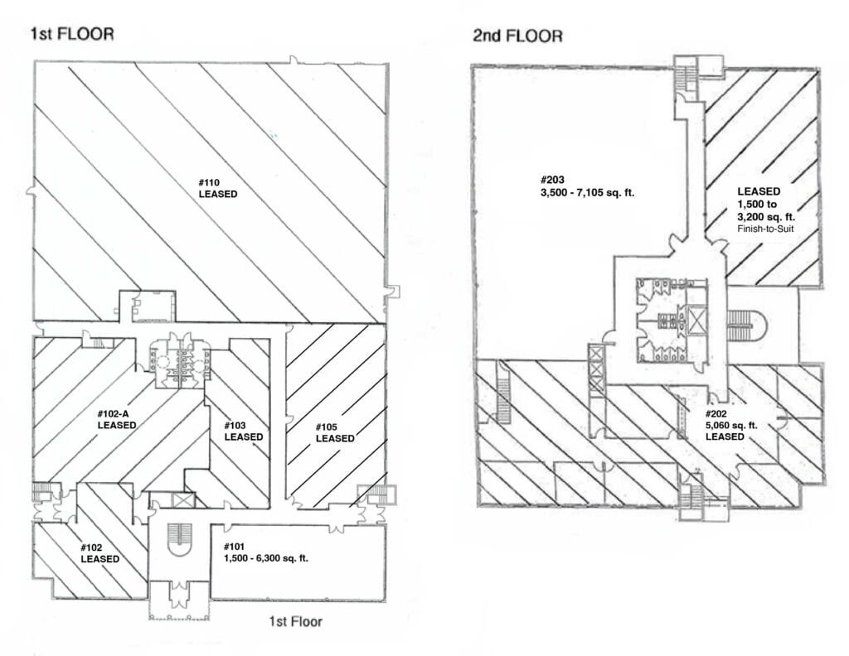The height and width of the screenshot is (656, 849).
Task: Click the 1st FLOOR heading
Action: [71, 34]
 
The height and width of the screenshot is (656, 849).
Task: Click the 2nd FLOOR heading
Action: [517, 36]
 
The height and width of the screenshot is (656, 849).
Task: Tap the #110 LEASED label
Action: [218, 188]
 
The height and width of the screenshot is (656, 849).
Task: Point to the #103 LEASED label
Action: [243, 431]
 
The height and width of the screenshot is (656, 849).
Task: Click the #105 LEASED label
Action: [336, 432]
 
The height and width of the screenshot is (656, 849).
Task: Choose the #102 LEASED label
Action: [99, 552]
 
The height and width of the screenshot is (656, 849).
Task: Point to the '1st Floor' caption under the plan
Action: [294, 621]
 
